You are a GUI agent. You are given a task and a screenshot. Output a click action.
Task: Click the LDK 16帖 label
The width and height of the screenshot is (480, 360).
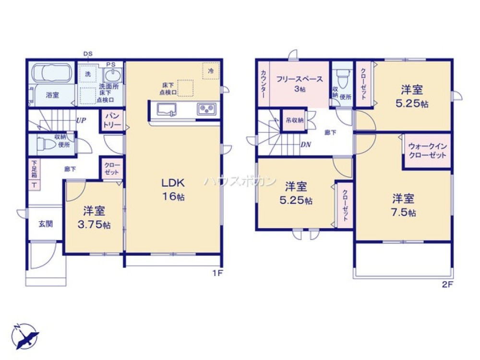click(173, 190)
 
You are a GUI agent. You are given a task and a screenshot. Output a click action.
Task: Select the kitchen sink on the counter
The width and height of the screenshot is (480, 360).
click(168, 109)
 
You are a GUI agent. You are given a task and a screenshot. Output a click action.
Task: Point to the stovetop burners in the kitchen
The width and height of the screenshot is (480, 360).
click(207, 109)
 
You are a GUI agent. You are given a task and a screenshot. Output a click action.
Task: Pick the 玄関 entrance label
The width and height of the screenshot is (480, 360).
click(46, 224)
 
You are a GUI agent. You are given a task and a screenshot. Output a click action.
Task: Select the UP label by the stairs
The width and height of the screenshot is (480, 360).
click(81, 121)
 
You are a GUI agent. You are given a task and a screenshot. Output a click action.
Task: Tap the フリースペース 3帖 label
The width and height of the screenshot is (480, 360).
click(299, 84)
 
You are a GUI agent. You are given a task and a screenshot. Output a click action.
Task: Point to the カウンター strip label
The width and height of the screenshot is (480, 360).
click(264, 84)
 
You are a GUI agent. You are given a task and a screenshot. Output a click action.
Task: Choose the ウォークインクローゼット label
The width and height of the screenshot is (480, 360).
click(427, 151)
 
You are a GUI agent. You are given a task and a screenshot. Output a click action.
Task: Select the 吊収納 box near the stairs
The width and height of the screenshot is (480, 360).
click(294, 120)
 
